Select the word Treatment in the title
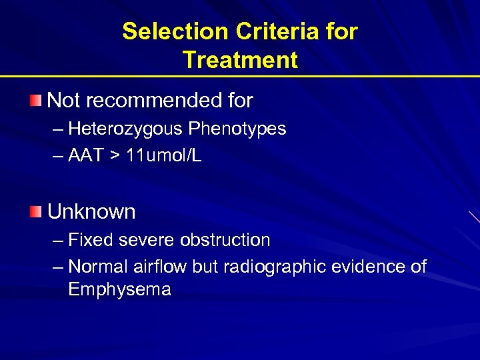(240, 60)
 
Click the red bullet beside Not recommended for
(35, 101)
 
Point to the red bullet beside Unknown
(35, 212)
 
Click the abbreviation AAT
(86, 156)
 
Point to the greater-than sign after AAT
(116, 157)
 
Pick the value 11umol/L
(164, 156)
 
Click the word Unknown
(91, 212)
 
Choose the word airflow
(161, 267)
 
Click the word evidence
(374, 267)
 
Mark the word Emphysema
(119, 290)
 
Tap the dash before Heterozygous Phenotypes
(58, 129)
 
